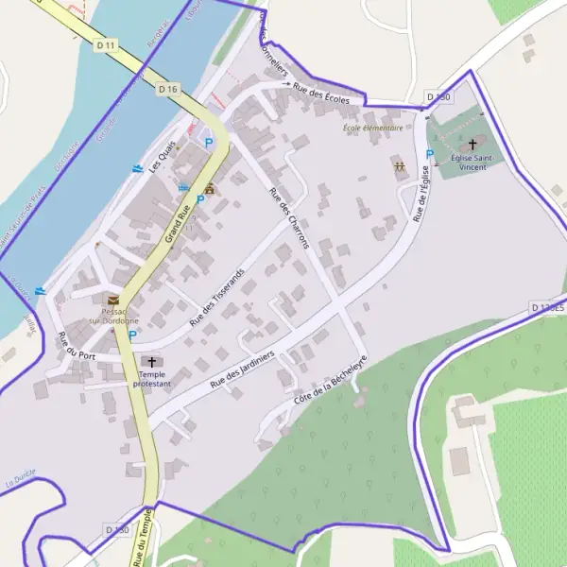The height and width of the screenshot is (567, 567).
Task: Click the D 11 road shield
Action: [106, 44]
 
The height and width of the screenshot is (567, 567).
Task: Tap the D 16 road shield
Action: [168, 89]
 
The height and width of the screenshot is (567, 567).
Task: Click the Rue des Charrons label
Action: [289, 218]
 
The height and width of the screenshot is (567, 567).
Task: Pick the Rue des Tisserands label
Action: [216, 297]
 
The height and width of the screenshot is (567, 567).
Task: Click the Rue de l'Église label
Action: [421, 194]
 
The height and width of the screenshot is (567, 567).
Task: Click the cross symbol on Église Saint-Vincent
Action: [472, 144]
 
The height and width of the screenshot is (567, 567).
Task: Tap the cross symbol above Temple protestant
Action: [151, 362]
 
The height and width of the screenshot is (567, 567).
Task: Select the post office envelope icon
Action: [113, 300]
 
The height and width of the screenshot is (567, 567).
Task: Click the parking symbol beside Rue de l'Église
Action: [430, 154]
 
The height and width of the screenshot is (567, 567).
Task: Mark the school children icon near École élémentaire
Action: [400, 166]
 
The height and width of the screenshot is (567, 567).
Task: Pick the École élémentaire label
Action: [372, 128]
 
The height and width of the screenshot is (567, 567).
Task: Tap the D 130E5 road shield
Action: [547, 308]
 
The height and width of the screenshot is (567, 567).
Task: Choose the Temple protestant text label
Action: [151, 380]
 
